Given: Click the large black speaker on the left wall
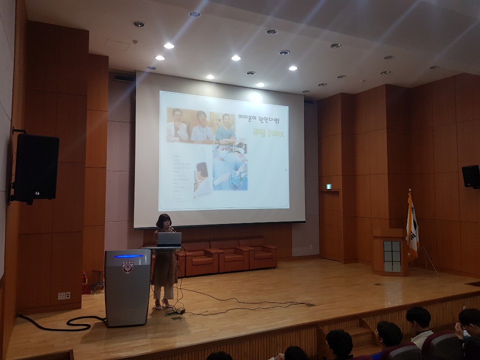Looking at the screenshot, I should point(36,168).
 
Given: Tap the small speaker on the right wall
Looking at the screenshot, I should point(470,176).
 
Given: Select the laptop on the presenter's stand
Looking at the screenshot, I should point(169,239).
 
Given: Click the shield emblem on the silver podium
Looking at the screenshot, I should point(127,266).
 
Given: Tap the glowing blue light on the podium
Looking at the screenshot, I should point(128,256).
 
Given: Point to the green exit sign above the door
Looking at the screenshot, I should point(328,186).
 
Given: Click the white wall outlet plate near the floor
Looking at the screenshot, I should point(64,295).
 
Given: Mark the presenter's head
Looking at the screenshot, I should point(163,220).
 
